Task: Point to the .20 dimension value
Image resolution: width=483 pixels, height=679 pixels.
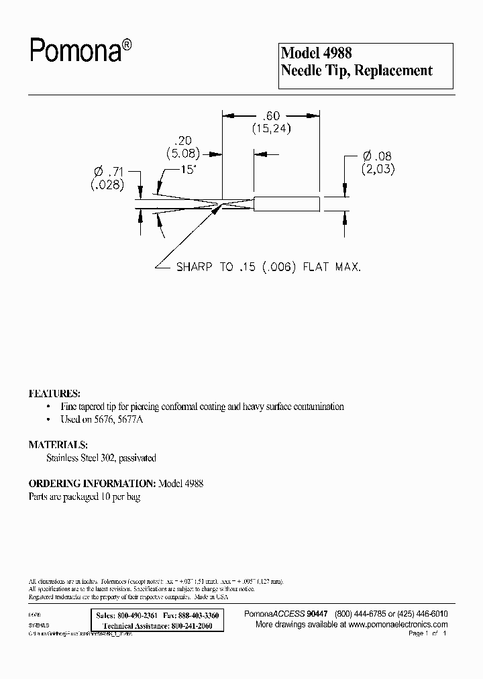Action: [x=182, y=140]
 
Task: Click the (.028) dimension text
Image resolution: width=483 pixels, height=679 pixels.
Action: [x=107, y=186]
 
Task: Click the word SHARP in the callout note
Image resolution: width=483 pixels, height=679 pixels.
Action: [x=195, y=267]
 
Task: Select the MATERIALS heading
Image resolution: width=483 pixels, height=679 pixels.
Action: [x=58, y=444]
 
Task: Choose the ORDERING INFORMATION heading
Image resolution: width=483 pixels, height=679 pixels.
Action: [x=91, y=483]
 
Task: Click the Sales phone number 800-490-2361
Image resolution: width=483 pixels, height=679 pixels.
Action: [x=137, y=615]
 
